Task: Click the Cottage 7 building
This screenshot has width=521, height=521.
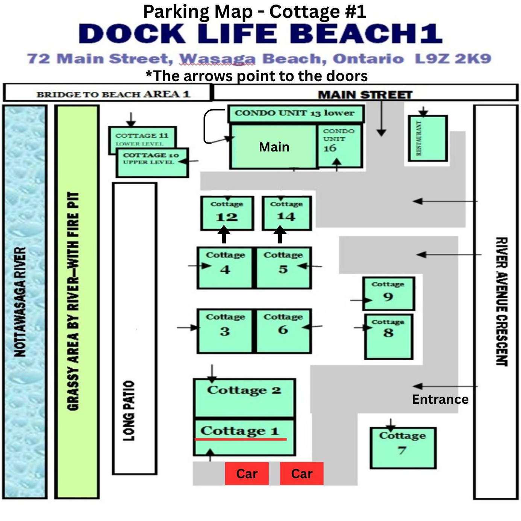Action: click(x=403, y=448)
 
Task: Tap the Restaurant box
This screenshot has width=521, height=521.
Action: click(x=427, y=138)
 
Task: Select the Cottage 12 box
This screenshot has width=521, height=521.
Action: click(x=227, y=213)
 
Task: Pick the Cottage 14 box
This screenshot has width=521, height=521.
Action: click(x=286, y=213)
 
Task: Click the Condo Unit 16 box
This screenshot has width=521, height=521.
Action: click(x=339, y=146)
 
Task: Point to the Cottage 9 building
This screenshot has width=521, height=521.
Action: click(x=389, y=294)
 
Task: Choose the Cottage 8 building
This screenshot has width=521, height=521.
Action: click(x=389, y=336)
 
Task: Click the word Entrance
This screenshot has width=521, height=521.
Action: click(x=440, y=399)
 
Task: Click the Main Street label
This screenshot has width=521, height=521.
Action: click(x=365, y=95)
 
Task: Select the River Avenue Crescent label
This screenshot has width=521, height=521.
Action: click(x=501, y=302)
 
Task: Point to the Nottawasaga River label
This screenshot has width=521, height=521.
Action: click(x=20, y=301)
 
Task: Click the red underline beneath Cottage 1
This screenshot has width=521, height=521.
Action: click(x=241, y=439)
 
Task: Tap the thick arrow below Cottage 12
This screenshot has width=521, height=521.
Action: click(x=224, y=235)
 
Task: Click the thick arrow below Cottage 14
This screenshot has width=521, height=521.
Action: click(x=280, y=235)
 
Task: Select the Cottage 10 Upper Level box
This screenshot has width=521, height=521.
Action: click(x=152, y=162)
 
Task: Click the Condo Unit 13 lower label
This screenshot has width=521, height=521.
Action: click(x=294, y=113)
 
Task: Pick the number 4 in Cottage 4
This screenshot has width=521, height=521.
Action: click(x=225, y=270)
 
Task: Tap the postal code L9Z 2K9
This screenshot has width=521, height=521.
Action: click(x=453, y=59)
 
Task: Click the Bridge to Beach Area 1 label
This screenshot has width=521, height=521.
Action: click(x=114, y=94)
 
